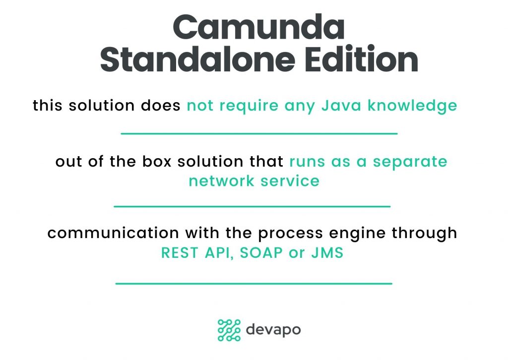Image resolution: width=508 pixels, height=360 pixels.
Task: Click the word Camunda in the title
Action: click(x=258, y=27)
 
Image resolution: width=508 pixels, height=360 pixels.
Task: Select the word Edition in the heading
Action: click(x=362, y=59)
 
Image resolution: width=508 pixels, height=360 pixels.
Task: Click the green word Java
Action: click(x=341, y=106)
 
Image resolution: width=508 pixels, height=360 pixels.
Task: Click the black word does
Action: click(x=161, y=106)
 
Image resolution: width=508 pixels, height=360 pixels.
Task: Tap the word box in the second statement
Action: click(x=157, y=162)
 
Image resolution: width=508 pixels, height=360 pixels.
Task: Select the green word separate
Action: click(x=410, y=162)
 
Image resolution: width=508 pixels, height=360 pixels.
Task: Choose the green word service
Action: click(x=290, y=181)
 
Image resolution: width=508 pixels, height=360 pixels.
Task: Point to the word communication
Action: click(x=113, y=233)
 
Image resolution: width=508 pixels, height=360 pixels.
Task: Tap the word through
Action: click(x=425, y=234)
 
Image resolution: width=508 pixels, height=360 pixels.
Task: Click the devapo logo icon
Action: click(x=229, y=330)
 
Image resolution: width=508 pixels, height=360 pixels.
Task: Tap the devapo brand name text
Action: click(x=273, y=330)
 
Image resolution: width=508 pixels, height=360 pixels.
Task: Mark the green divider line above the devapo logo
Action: click(x=254, y=284)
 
